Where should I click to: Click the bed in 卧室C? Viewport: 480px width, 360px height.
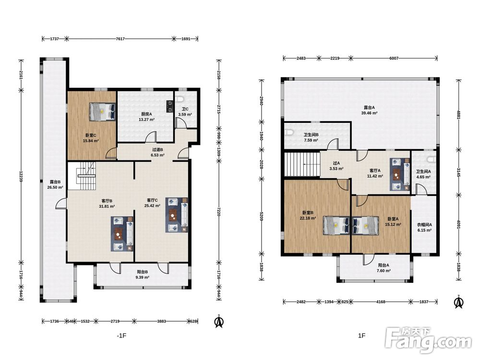[x=103, y=111]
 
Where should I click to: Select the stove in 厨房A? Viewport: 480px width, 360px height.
[x=169, y=106]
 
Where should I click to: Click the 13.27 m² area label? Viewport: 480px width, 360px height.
[x=146, y=120]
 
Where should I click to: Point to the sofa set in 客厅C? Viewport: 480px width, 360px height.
[x=177, y=215]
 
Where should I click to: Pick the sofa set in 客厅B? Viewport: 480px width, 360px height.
[x=122, y=234]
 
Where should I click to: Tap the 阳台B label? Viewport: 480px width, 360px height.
[x=143, y=272]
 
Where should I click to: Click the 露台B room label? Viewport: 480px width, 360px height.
[x=55, y=182]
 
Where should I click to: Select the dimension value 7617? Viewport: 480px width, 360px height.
[x=120, y=39]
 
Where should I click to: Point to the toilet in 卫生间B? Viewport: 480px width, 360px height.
[x=289, y=133]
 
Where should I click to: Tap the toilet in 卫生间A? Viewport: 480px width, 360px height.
[x=432, y=160]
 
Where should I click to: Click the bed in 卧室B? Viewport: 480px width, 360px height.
[x=336, y=226]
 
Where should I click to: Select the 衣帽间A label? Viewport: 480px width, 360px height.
[x=424, y=225]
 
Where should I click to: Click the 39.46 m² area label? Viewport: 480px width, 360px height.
[x=369, y=113]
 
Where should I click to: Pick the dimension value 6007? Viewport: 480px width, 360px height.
[x=394, y=58]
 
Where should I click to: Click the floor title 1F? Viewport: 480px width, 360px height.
[x=362, y=336]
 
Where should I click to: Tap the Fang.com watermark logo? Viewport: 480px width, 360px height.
[x=428, y=339]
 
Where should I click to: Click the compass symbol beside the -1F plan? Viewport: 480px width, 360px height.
[x=219, y=321]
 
